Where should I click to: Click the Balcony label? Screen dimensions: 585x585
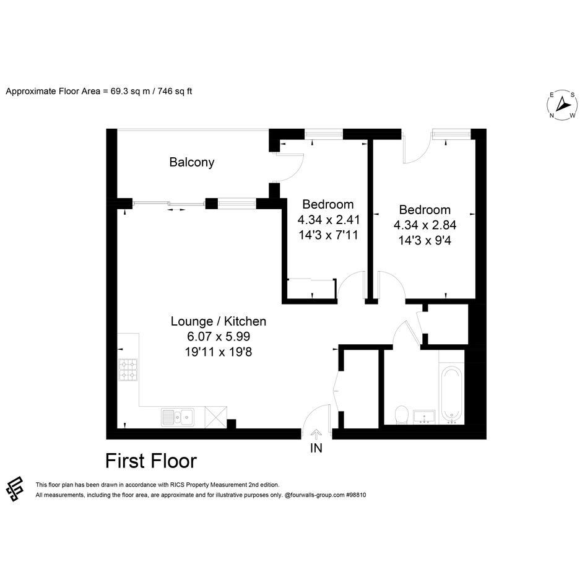tap(192, 162)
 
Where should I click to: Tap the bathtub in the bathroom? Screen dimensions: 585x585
tap(451, 394)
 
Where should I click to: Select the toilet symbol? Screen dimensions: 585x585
tap(401, 415)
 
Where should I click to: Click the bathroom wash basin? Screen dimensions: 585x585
tap(424, 417)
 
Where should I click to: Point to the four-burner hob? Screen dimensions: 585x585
tap(128, 370)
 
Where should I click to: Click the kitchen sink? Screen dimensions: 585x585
tap(178, 417)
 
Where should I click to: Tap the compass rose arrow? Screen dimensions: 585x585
tap(563, 104)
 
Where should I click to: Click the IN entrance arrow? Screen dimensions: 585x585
tap(316, 433)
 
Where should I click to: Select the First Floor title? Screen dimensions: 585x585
tap(151, 461)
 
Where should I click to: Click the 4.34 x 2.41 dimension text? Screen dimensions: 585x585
tap(329, 220)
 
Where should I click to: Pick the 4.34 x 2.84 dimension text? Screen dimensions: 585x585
tap(425, 225)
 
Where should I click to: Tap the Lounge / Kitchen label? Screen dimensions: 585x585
tap(219, 321)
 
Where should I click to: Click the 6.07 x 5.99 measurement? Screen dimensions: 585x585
tap(219, 337)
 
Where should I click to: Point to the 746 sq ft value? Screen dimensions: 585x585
tap(175, 92)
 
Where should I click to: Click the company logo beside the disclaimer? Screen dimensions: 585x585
tap(15, 489)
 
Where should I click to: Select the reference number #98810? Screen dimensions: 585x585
tap(356, 495)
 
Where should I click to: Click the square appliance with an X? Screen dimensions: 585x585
tap(215, 417)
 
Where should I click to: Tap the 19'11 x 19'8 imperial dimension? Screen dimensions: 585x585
tap(219, 352)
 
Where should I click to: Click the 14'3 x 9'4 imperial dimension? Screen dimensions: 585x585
tap(425, 240)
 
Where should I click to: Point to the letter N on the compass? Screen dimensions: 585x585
tap(552, 115)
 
